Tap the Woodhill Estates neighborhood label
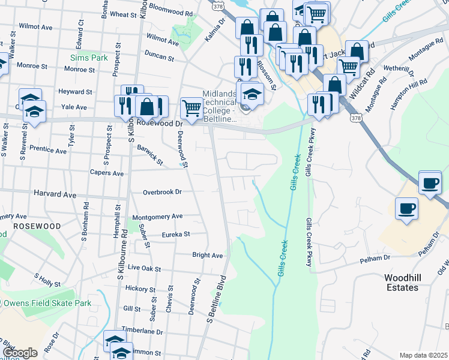(402, 283)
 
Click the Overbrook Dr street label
(162, 192)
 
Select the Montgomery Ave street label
(157, 216)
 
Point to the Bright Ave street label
(207, 255)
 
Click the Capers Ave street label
(106, 173)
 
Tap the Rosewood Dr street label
(159, 123)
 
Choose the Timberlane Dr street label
(142, 331)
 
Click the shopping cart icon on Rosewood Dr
(191, 109)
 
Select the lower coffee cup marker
(406, 209)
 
